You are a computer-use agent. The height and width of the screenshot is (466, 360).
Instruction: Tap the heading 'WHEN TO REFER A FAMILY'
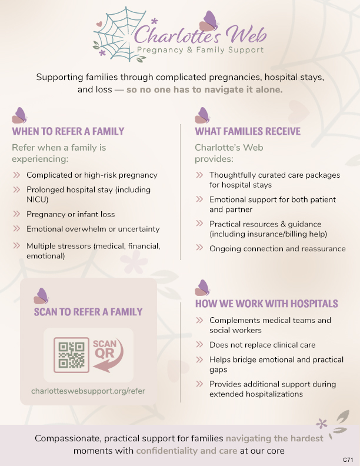click(x=68, y=131)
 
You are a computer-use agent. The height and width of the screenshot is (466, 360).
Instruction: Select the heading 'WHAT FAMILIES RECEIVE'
click(x=248, y=131)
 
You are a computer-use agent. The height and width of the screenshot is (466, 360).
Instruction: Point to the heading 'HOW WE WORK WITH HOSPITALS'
click(x=266, y=304)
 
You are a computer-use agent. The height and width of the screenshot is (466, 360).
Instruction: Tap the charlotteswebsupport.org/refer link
click(x=88, y=390)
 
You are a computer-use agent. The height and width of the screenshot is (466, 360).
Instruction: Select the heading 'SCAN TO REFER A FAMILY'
click(x=88, y=312)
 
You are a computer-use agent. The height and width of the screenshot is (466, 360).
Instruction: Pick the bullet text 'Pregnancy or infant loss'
click(x=71, y=214)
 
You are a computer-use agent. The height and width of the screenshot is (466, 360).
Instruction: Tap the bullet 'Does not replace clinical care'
click(x=262, y=345)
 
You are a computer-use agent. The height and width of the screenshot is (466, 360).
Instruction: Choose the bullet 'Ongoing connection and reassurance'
click(x=278, y=249)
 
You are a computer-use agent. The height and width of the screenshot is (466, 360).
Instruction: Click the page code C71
click(x=348, y=458)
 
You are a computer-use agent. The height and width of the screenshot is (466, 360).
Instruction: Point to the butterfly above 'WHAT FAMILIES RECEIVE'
click(x=202, y=115)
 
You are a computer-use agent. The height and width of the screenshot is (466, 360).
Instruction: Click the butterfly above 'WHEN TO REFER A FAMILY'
click(x=19, y=115)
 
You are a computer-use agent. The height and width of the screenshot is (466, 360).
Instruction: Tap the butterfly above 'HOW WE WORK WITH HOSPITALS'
click(x=202, y=288)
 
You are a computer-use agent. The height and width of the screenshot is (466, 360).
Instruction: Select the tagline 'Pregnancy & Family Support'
click(x=200, y=50)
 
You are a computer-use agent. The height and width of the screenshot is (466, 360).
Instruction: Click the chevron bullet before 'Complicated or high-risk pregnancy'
click(x=16, y=175)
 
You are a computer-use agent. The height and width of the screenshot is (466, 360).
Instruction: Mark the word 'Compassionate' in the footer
click(x=65, y=438)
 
